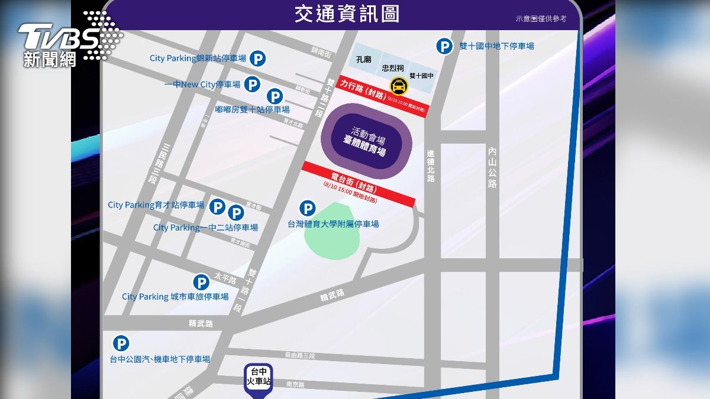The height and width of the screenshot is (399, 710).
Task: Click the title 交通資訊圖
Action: pos(347,14)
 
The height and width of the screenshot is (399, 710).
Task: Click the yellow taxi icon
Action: pos(398,86)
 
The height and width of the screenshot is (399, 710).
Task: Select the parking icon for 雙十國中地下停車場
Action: pos(444,46)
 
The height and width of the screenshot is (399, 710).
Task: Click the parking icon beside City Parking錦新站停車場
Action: pos(257,59)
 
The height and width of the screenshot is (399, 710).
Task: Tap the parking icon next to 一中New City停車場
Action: pos(253,85)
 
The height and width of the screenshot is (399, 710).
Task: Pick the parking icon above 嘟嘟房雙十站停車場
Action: pos(275,96)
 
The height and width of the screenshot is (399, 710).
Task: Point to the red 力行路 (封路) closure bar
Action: pos(383,96)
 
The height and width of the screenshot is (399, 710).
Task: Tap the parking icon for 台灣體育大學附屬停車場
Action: pos(307,208)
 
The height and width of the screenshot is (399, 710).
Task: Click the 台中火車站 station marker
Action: pos(259,379)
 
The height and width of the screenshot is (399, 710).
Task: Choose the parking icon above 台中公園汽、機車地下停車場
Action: pos(121,343)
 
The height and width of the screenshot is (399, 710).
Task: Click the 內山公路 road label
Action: pos(492,167)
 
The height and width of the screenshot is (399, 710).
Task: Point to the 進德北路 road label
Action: pos(431,166)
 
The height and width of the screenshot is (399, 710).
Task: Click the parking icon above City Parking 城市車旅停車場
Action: pos(201,282)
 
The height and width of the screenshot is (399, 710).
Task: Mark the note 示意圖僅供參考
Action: pos(541,19)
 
